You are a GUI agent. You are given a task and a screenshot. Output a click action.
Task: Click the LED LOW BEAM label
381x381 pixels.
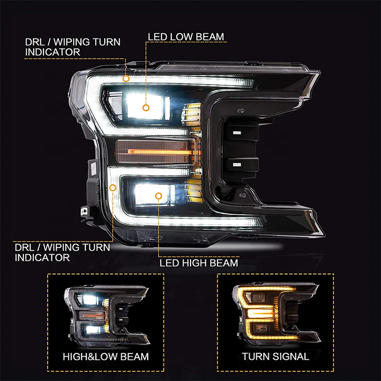186,37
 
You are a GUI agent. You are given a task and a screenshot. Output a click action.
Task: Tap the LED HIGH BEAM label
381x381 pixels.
198,262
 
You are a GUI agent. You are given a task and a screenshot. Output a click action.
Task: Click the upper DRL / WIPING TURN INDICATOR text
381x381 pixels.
72,47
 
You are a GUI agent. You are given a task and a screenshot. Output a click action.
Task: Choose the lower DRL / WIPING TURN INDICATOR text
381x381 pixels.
62,252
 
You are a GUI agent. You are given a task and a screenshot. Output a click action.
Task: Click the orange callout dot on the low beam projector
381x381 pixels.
146,107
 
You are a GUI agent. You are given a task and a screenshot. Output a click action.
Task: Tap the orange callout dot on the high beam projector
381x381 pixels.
158,196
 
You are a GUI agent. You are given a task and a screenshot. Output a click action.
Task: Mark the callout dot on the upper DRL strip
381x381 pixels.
126,78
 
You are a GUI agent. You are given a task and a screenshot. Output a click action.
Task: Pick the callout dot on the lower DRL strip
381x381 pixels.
113,187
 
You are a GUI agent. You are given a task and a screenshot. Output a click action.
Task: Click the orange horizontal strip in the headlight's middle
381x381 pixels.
159,152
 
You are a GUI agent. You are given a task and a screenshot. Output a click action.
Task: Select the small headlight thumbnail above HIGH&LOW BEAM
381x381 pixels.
105,313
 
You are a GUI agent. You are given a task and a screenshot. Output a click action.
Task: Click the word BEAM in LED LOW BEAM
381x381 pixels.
209,37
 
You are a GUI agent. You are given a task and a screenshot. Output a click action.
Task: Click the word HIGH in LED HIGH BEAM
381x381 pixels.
191,262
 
